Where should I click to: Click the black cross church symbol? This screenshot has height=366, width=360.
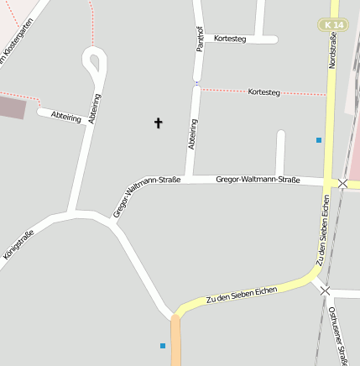pyautogui.click(x=158, y=123)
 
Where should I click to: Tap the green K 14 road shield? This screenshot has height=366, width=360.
pyautogui.click(x=332, y=26)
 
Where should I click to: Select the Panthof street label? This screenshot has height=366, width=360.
pyautogui.click(x=200, y=39)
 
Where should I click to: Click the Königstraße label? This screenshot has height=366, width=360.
pyautogui.click(x=18, y=248)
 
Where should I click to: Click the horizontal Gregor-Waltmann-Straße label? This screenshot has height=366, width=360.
pyautogui.click(x=258, y=179)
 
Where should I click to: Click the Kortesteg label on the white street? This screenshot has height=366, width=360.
pyautogui.click(x=230, y=39)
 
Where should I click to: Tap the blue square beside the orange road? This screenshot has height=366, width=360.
pyautogui.click(x=163, y=345)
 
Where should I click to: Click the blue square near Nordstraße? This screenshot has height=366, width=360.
pyautogui.click(x=318, y=139)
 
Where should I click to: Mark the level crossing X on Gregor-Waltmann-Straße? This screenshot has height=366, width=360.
pyautogui.click(x=342, y=182)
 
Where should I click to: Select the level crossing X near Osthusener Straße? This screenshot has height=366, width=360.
pyautogui.click(x=326, y=290)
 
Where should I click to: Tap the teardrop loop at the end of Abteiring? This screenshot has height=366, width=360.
pyautogui.click(x=94, y=60)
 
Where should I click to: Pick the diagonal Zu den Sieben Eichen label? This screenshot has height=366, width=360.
pyautogui.click(x=242, y=294)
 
